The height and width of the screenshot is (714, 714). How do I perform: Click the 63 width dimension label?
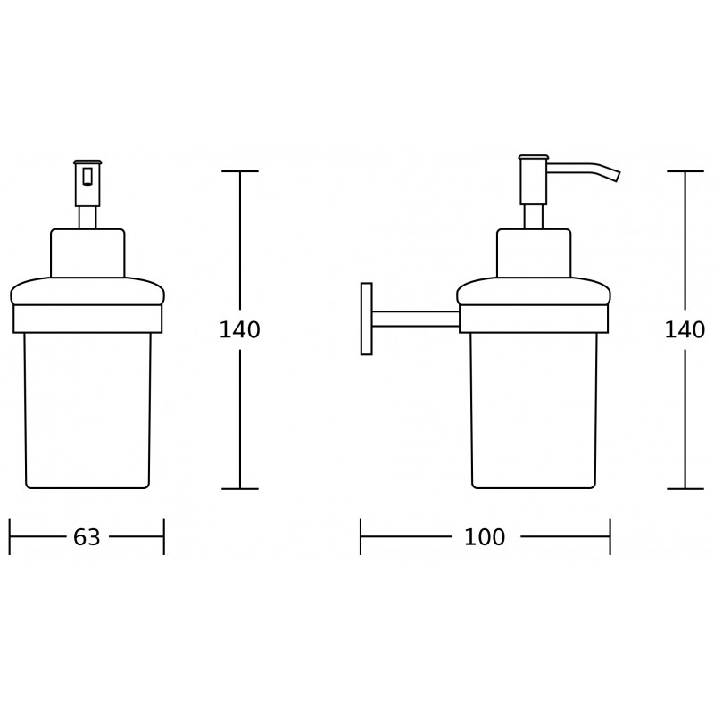pos(87,537)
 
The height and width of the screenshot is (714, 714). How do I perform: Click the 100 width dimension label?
pos(485,537)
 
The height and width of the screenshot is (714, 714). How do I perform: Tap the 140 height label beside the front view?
pos(239,330)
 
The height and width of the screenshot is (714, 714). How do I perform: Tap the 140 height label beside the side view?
pos(685,330)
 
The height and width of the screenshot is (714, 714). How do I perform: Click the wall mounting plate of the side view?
pos(366,319)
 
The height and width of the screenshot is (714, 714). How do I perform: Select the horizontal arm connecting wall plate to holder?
pos(415,319)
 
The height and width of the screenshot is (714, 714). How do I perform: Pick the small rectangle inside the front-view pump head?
pos(87,176)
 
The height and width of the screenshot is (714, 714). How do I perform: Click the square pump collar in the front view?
pos(87,253)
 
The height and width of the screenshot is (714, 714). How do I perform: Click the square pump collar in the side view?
pos(533,253)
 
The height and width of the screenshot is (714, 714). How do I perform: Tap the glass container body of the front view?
pos(87,411)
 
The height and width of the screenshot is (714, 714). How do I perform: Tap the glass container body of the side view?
pos(533,411)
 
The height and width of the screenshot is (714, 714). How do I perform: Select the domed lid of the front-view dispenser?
pos(87,291)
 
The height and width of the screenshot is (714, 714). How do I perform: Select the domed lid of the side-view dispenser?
pos(533,291)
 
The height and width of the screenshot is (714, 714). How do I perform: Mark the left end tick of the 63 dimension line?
pos(10,537)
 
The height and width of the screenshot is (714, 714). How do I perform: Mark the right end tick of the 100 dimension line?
pos(610,537)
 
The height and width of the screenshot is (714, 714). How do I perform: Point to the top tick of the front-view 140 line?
pos(239,171)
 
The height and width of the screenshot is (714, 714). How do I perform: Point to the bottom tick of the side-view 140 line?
pos(685,488)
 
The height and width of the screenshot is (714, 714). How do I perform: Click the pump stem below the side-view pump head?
pos(533,216)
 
